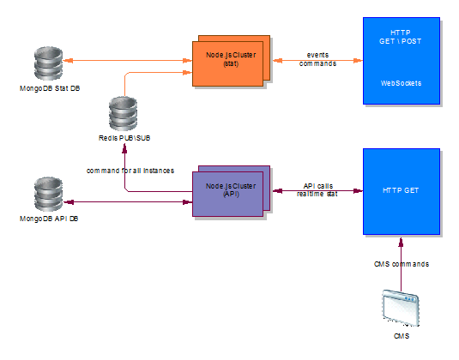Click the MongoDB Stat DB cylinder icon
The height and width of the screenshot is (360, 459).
[48, 63]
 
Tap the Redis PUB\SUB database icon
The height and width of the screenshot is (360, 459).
[123, 113]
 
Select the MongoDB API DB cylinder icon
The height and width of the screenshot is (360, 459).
[48, 194]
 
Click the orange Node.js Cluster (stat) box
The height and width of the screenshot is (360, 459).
[231, 61]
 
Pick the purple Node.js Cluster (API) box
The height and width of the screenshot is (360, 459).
[231, 191]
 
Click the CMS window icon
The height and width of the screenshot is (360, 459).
[401, 308]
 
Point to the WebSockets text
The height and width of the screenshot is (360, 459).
[401, 83]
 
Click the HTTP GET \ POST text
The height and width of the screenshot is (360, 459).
[401, 37]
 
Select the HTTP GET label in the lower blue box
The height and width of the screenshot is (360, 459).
[401, 190]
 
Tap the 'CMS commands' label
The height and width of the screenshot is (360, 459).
[402, 264]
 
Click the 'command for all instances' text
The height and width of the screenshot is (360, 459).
[130, 171]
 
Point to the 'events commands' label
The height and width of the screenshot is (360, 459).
[317, 59]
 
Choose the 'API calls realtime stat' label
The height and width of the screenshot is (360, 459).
[317, 189]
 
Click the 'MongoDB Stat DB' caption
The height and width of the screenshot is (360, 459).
[50, 88]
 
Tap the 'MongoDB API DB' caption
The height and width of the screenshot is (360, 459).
[49, 219]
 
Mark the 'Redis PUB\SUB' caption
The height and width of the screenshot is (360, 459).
[124, 138]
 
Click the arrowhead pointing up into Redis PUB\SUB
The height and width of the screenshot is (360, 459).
[124, 149]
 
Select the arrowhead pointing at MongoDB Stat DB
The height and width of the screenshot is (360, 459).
[68, 61]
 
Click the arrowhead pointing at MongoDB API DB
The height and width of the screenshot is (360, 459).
[69, 201]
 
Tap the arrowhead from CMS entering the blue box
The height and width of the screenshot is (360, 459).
[401, 243]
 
